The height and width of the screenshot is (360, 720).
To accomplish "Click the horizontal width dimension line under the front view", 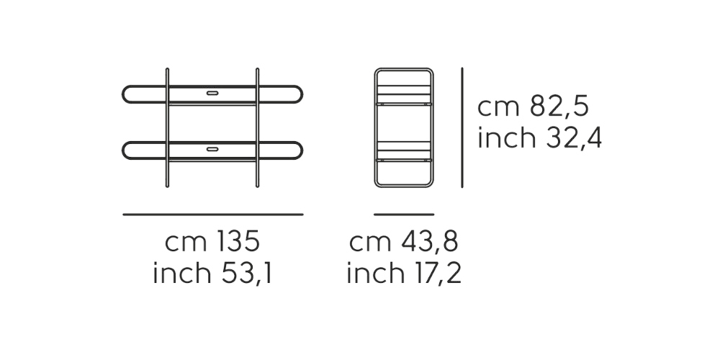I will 212,214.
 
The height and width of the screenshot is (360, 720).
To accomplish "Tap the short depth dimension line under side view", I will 404,214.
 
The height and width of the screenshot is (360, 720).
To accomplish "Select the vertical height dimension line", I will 462,127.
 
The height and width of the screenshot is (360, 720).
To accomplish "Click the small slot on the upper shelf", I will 212,93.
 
